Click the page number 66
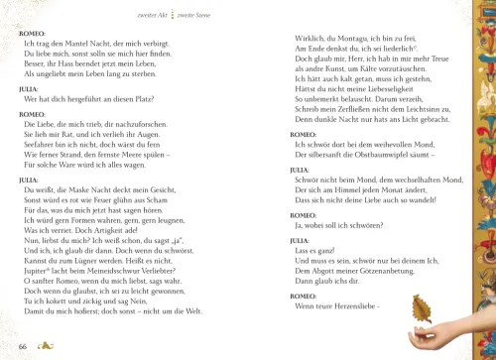pos(22,346)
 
